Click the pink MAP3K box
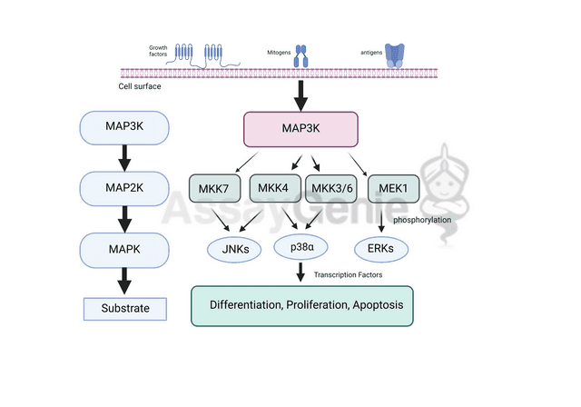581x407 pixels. (301, 129)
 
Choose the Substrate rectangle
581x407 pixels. (125, 309)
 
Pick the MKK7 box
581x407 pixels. (216, 190)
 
